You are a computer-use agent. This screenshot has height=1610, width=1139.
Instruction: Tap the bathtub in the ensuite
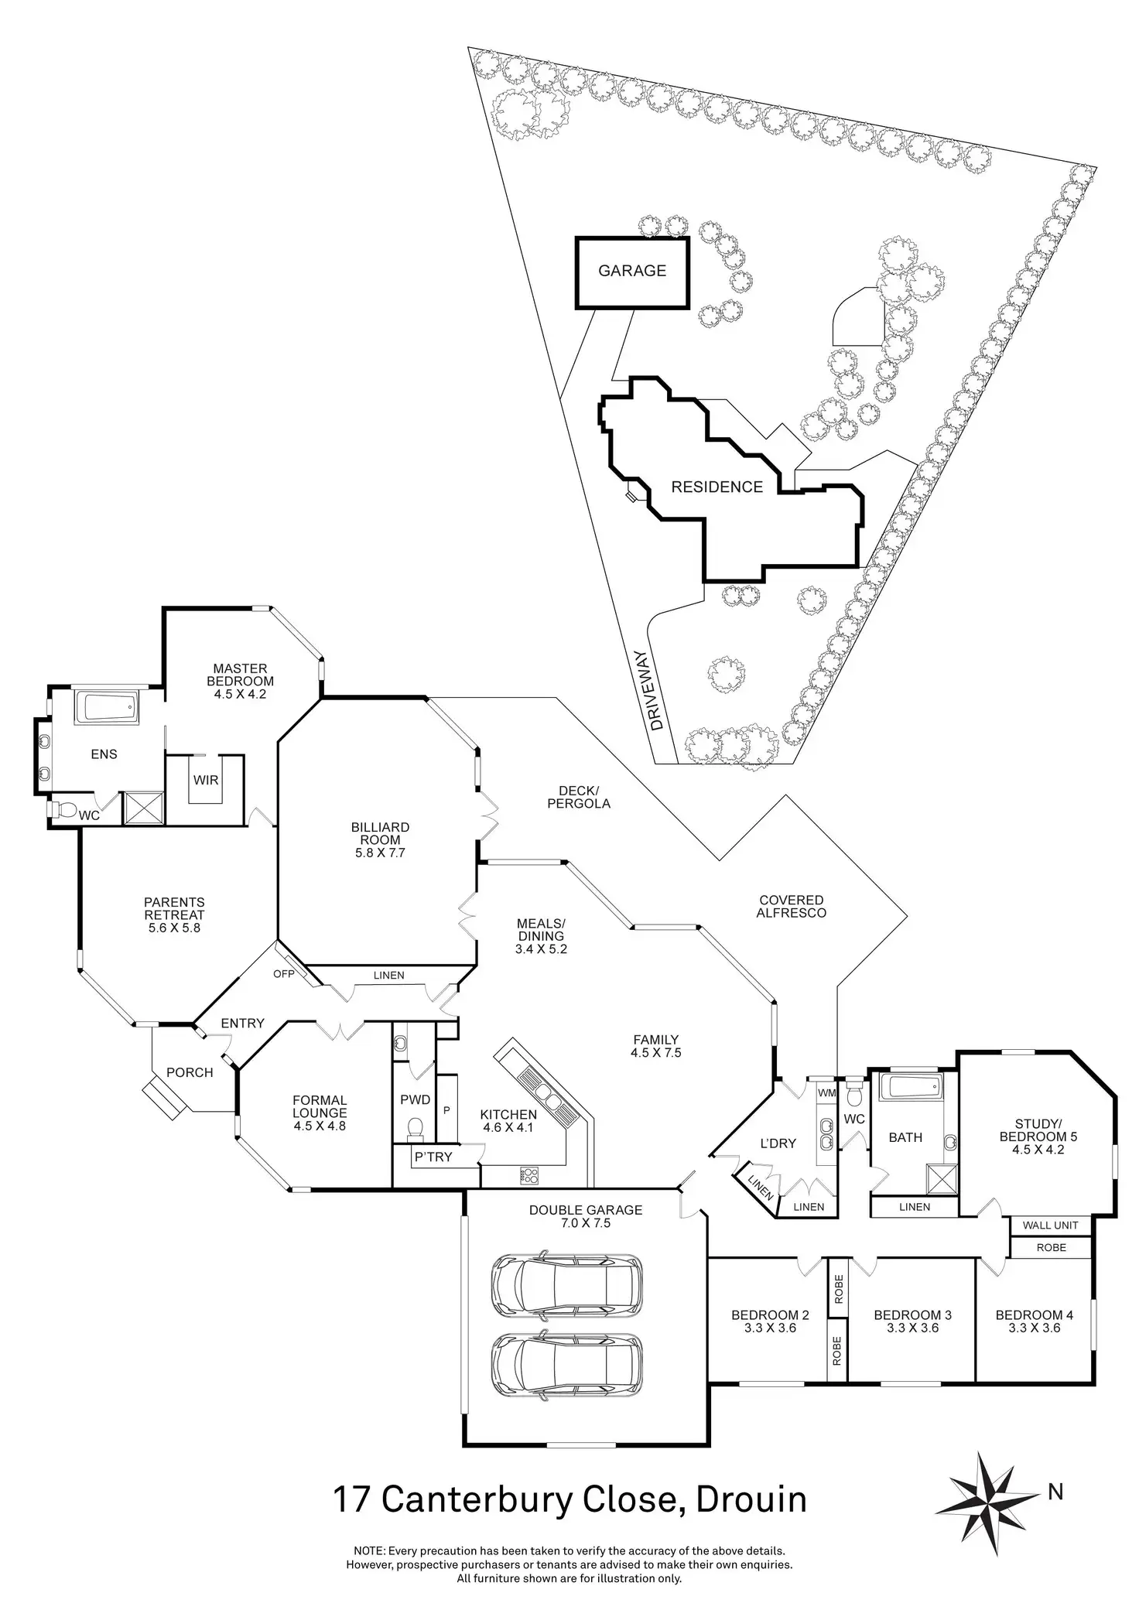pos(108,709)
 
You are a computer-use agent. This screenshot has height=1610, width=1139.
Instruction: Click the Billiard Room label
pos(379,833)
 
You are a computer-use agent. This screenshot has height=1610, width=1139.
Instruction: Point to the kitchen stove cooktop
pos(529,1174)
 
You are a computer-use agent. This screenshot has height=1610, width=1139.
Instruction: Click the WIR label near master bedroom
pos(206,780)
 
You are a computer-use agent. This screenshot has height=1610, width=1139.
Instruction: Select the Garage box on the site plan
pos(631,272)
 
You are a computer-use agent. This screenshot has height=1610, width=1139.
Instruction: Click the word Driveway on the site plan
pos(658,701)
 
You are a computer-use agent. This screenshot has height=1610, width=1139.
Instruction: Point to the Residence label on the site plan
pos(717,487)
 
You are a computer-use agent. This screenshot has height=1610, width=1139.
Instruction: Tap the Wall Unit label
pos(1051,1225)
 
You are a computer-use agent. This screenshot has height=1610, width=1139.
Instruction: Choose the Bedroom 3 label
pos(912,1314)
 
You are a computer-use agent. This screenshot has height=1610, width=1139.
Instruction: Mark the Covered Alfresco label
pos(791,906)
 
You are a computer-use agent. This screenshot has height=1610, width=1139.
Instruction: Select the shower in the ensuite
pos(144,807)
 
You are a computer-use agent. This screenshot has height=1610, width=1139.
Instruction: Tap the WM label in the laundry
pos(827,1093)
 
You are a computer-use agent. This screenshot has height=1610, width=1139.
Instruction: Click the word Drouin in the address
pos(752,1499)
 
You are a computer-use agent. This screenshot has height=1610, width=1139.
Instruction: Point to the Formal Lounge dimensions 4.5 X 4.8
pos(320,1126)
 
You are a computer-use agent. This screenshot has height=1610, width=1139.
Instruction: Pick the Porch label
pos(190,1072)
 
